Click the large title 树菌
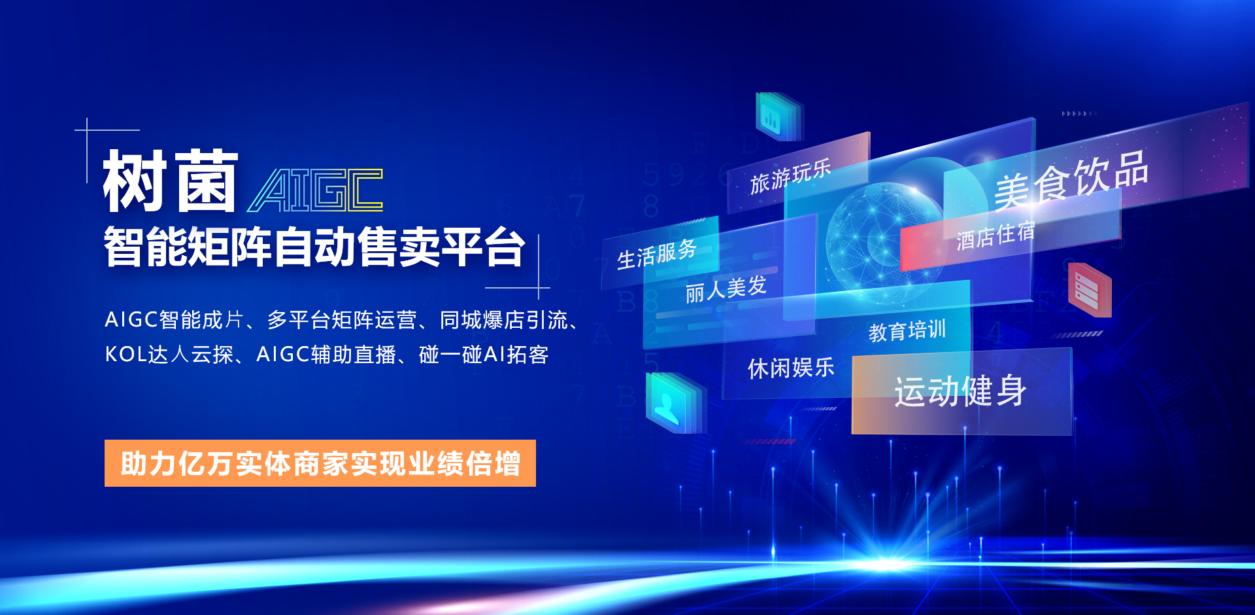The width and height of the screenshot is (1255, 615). tap(171, 181)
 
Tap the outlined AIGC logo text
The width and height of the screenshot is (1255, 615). tap(314, 190)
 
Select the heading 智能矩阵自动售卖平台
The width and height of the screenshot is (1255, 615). tap(314, 247)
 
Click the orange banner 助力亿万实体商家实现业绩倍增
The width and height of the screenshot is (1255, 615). tap(320, 463)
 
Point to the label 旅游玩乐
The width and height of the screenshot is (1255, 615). tap(790, 176)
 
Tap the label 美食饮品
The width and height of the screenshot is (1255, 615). tap(1071, 179)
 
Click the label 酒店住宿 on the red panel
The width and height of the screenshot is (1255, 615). tap(996, 236)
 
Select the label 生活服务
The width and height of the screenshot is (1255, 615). tap(657, 255)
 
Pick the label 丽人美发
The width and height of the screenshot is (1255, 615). tap(726, 289)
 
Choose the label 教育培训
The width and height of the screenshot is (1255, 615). tap(907, 331)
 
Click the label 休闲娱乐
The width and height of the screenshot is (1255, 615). tap(791, 368)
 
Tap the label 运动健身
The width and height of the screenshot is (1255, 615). tap(960, 391)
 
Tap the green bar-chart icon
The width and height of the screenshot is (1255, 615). tap(778, 116)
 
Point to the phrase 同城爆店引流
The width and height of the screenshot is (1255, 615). tap(503, 320)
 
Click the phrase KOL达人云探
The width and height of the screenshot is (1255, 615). tap(169, 355)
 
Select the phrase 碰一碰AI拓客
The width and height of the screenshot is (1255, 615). tap(484, 355)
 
